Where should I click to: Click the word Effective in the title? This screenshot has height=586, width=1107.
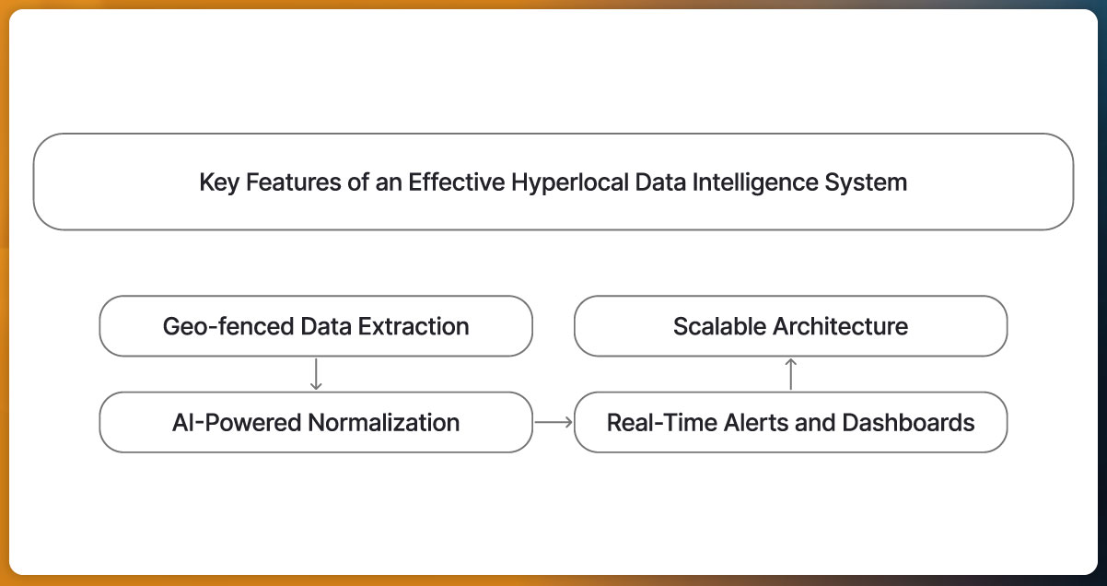click(455, 182)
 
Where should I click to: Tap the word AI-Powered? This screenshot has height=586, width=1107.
click(237, 423)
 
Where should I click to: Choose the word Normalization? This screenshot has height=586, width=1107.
click(384, 423)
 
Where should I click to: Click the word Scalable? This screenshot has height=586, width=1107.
click(718, 326)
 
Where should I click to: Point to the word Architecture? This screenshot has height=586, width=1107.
click(840, 326)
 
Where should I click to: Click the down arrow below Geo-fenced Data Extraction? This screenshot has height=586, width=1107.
click(316, 374)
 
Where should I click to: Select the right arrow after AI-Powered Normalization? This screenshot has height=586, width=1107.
click(553, 422)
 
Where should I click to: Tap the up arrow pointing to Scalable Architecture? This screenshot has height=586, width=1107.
click(791, 374)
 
